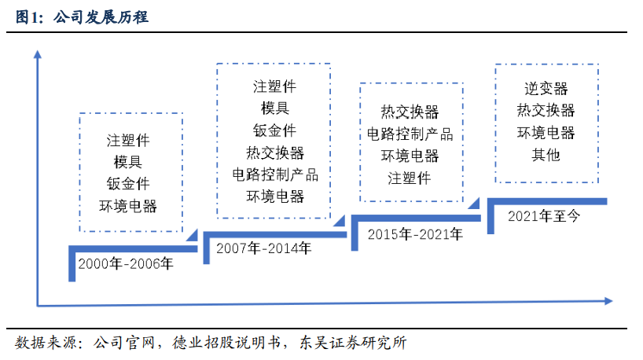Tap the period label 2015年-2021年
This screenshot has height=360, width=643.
click(415, 233)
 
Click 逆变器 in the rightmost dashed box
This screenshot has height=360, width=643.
click(546, 89)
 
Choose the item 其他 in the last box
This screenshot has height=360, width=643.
click(546, 155)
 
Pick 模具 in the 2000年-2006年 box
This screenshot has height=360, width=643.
click(128, 163)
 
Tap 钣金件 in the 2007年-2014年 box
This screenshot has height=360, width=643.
click(274, 130)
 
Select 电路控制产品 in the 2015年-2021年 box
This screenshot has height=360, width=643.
click(410, 134)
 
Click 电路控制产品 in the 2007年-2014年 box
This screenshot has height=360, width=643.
click(274, 174)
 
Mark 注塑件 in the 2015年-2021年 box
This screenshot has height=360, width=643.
click(410, 178)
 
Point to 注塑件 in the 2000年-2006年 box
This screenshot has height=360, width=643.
click(128, 141)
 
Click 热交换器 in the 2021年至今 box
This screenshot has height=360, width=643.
click(546, 111)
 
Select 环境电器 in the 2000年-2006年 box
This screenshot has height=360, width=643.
click(128, 207)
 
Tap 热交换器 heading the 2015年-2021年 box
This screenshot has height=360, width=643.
click(410, 112)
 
